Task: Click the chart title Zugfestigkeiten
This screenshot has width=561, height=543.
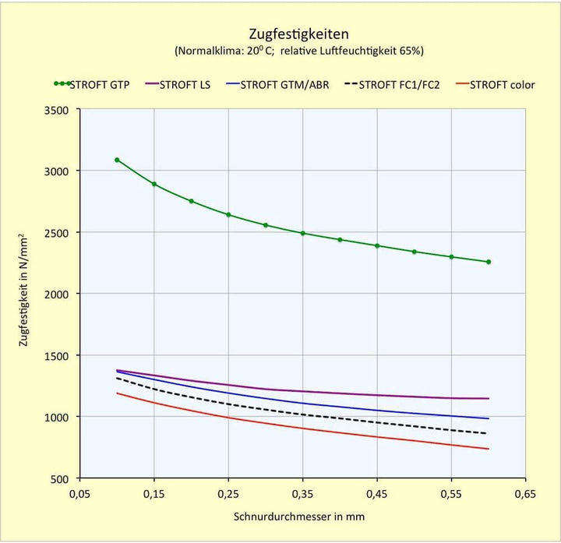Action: pos(298,33)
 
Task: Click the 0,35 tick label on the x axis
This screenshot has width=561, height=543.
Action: pos(302,494)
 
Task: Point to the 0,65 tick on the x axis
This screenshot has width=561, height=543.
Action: pos(525,494)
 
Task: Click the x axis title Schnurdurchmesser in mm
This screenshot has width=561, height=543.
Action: pos(298,516)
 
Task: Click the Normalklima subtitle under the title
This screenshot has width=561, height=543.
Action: pos(298,51)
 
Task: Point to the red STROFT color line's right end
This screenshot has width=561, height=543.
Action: pos(488,449)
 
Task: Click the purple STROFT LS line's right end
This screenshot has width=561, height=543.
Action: pos(488,398)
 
